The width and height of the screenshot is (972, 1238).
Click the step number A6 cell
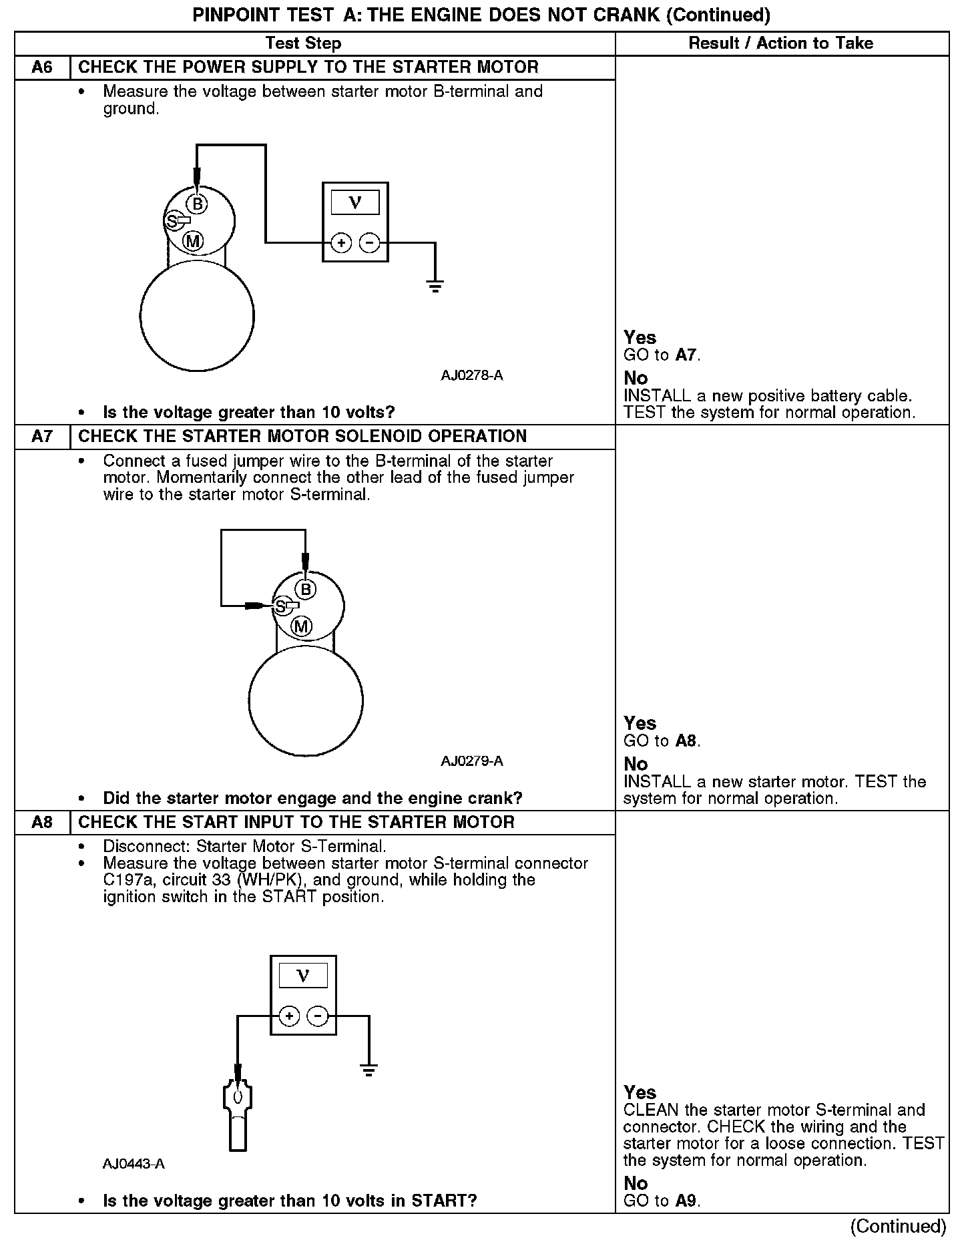click(x=42, y=67)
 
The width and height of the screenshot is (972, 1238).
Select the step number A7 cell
click(x=42, y=437)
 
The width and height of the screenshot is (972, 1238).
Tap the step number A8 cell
click(x=42, y=822)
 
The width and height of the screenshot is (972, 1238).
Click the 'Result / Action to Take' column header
click(x=781, y=43)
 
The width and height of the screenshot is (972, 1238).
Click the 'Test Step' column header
click(x=303, y=43)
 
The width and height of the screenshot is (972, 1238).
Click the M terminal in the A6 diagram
click(x=193, y=241)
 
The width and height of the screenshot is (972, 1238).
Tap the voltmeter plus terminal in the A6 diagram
click(x=341, y=243)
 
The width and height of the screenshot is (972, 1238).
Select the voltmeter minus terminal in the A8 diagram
click(x=318, y=1016)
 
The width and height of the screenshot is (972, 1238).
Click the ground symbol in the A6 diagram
click(x=435, y=287)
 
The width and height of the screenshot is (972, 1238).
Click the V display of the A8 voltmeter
click(x=303, y=976)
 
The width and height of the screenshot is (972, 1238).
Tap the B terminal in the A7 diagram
click(x=306, y=590)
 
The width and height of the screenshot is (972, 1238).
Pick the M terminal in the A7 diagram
click(x=302, y=626)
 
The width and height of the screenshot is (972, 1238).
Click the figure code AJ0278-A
click(x=471, y=375)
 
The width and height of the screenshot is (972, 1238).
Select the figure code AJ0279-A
click(x=471, y=761)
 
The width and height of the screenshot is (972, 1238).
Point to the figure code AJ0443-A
click(x=134, y=1164)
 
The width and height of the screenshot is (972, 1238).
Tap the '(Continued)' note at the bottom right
click(x=898, y=1226)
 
